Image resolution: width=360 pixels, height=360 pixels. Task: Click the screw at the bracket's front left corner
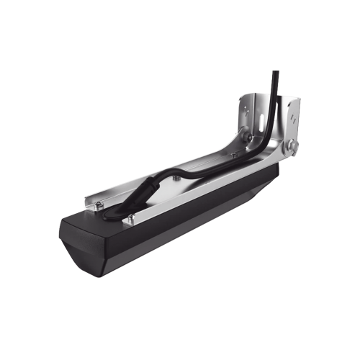pyautogui.click(x=96, y=207)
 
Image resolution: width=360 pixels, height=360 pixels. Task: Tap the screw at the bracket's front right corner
pyautogui.click(x=132, y=217)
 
